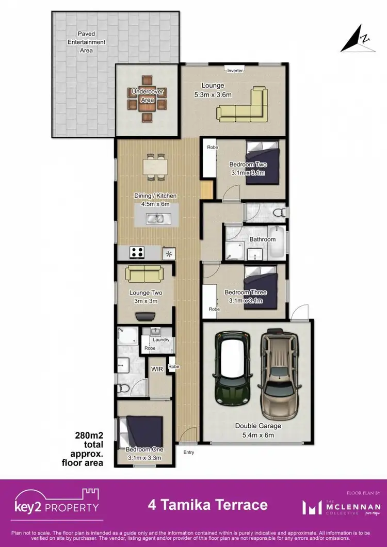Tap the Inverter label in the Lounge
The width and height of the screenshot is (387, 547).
coord(235,70)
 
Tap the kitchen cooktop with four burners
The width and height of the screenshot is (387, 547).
coord(138,252)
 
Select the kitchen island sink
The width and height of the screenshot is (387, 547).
coord(155,219)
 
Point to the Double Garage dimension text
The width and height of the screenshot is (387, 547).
coord(258,436)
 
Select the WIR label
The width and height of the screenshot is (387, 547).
coord(157,369)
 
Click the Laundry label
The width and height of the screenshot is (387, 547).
coord(160,340)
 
